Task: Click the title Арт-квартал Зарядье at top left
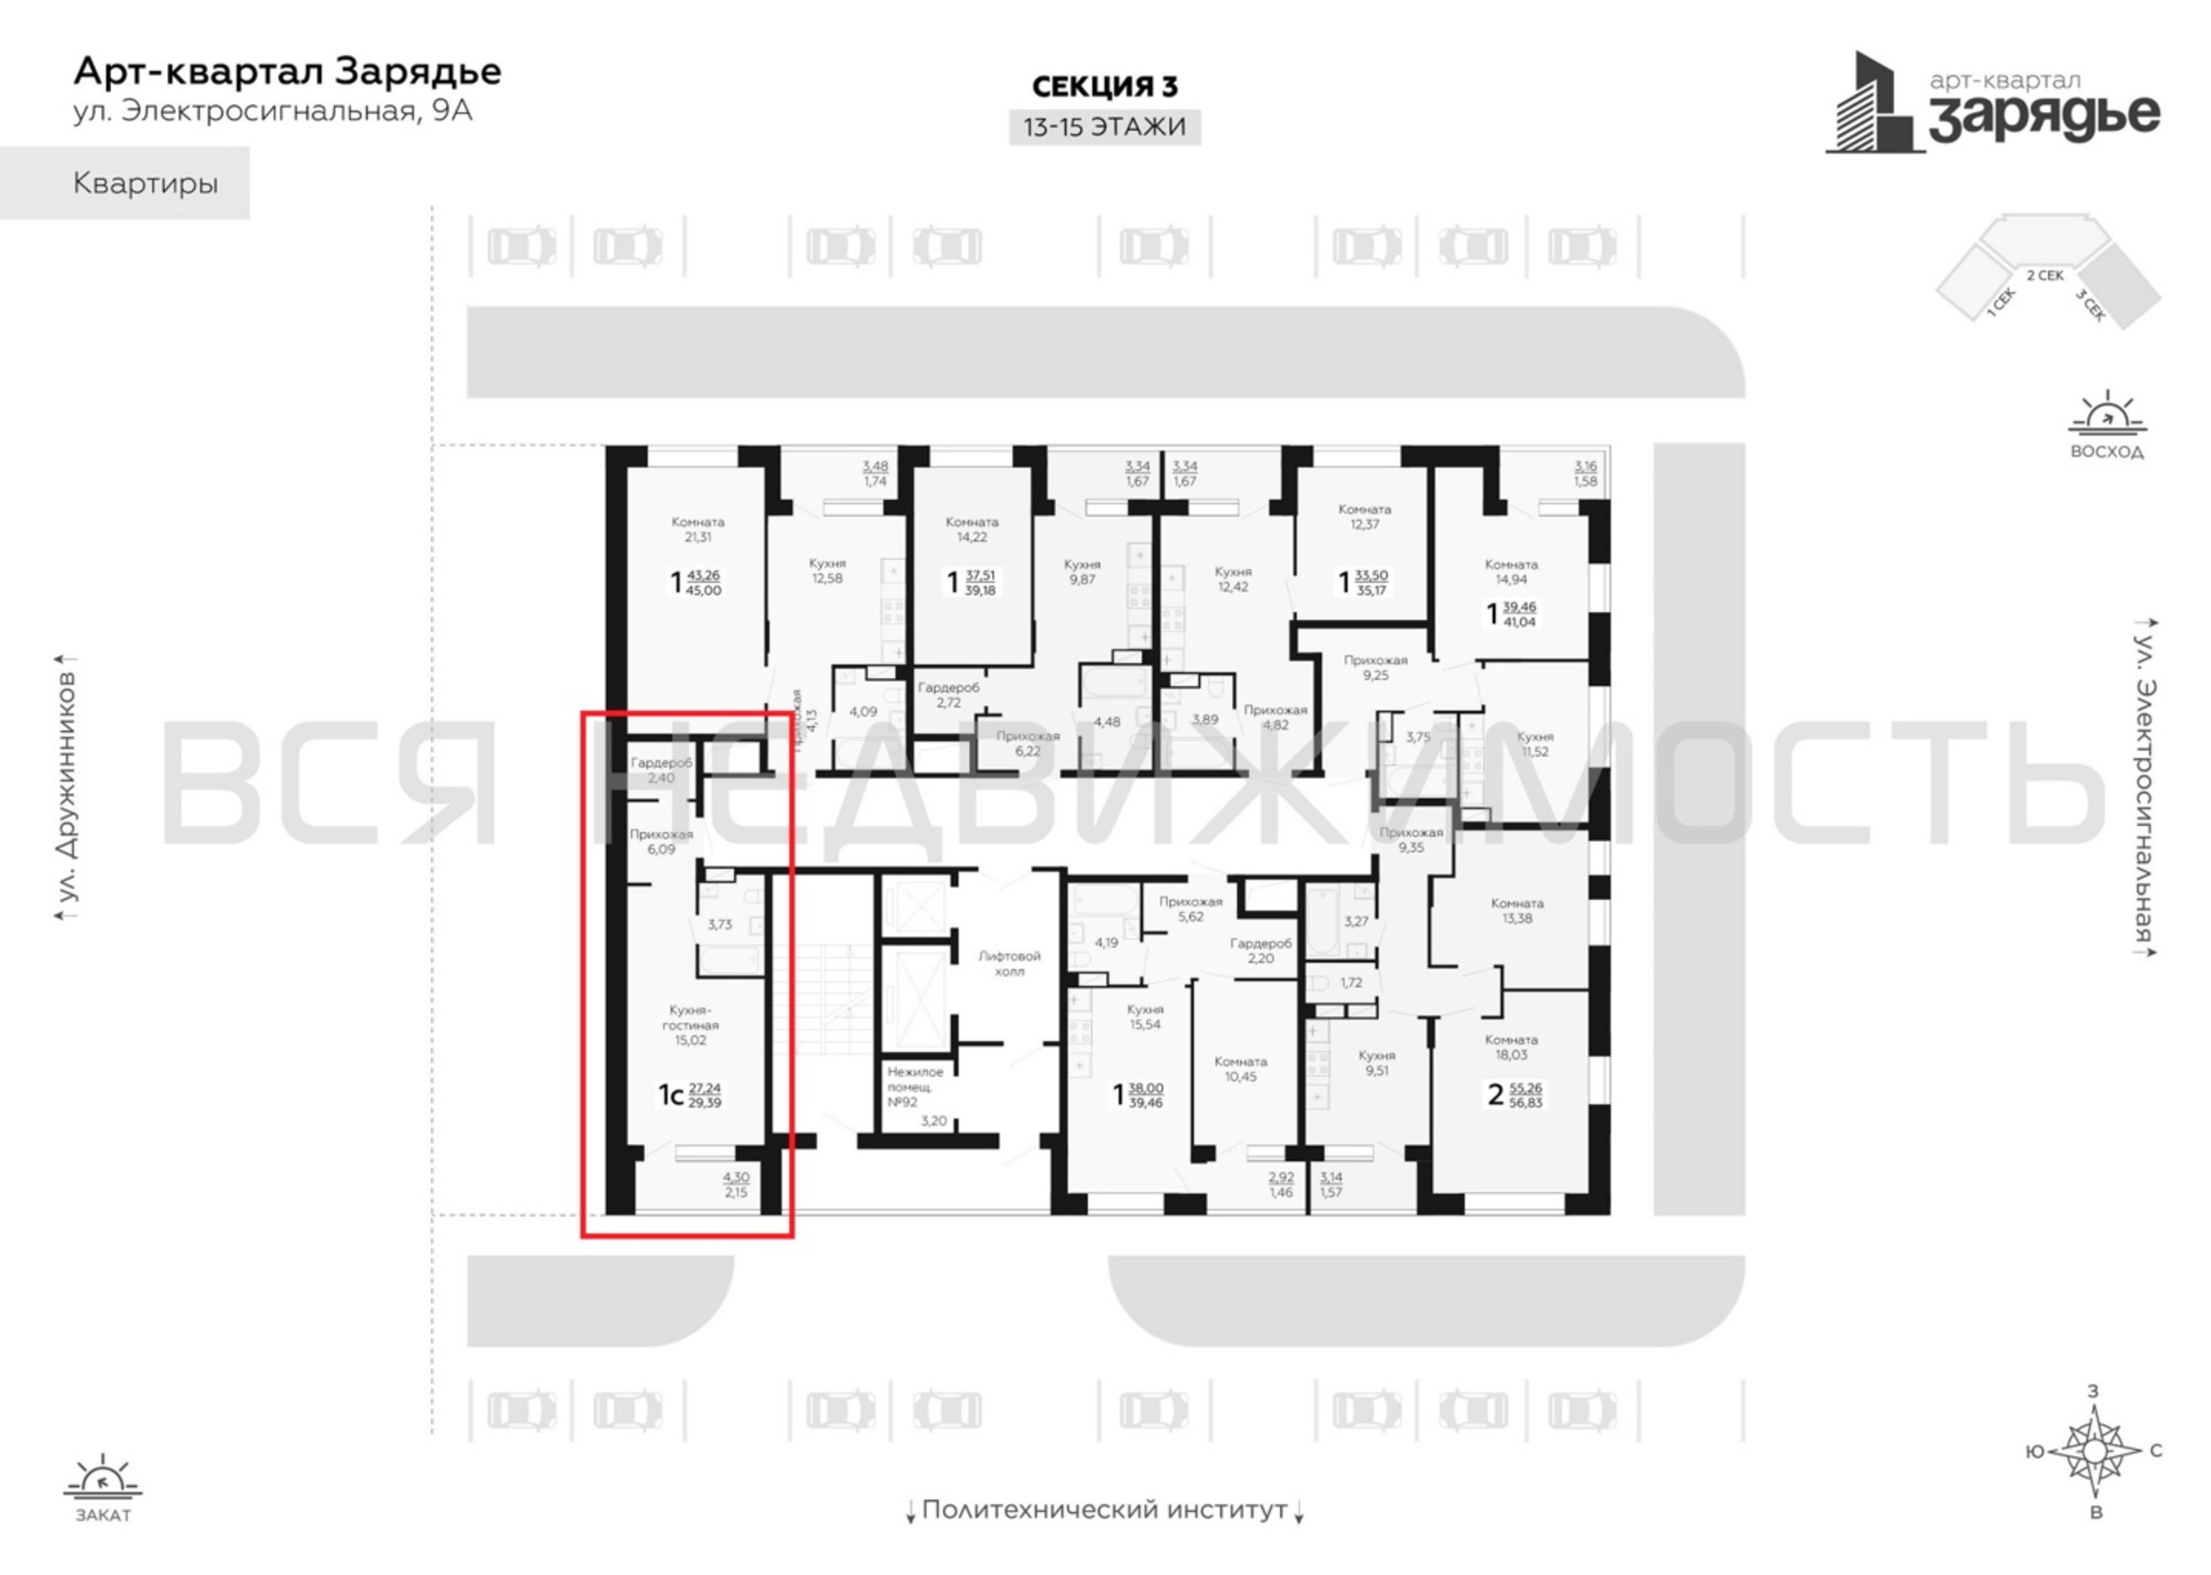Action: [288, 72]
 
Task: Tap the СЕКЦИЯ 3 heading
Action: [1104, 87]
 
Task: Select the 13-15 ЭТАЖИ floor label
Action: [1104, 127]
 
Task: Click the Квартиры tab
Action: [146, 183]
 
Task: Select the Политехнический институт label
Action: [1104, 1510]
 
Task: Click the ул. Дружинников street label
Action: [66, 787]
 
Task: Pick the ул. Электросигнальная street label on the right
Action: [2146, 787]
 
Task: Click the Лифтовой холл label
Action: [1009, 963]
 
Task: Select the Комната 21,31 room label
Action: [698, 529]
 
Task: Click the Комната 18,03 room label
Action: [1511, 1047]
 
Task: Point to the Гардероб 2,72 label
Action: [949, 695]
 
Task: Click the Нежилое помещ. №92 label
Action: [914, 1088]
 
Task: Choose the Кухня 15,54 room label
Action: [1144, 1017]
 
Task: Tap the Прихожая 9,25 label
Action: [1374, 667]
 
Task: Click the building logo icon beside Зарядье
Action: [1873, 105]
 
